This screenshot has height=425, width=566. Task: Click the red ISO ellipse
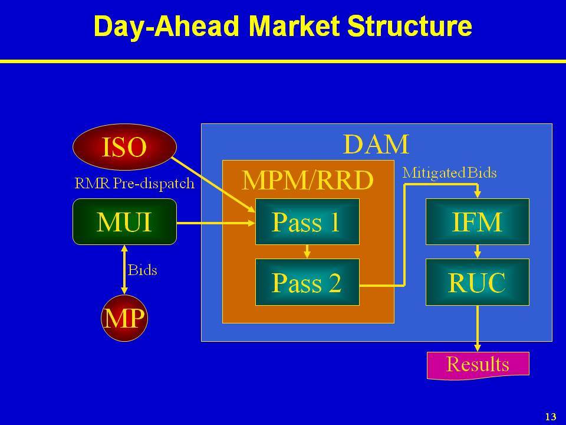coord(124,147)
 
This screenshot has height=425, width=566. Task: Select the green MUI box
coord(124,221)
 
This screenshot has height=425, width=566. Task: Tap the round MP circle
coord(124,318)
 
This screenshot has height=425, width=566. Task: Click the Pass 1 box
coord(307,221)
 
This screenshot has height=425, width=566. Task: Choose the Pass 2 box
coord(307,282)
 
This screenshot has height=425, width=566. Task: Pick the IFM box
coord(478,221)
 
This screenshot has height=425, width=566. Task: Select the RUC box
coord(478,282)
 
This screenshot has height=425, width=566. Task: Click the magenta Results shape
coord(478,365)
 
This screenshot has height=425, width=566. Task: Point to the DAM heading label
coord(376,144)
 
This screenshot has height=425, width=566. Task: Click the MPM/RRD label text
coord(308,180)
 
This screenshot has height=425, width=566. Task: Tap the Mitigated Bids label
coord(449,173)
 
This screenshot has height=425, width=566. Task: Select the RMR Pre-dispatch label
coord(134,184)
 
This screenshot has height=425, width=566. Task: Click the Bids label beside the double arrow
coord(143,270)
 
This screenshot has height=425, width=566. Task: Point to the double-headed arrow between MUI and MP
coord(124,270)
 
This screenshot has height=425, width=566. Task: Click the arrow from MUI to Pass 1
coord(216,223)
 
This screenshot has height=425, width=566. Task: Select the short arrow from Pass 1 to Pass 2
coord(307,252)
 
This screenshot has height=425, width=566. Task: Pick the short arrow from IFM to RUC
coord(478,252)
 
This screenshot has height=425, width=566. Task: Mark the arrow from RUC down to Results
coord(478,329)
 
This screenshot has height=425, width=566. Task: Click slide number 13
coord(551,417)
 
